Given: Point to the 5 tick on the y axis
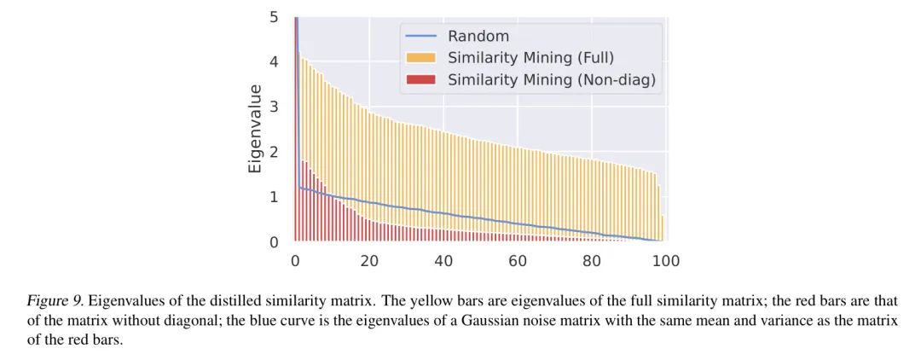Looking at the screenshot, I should (273, 17).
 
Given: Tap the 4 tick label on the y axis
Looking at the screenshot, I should (273, 62).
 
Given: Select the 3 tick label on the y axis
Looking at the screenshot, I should (273, 107).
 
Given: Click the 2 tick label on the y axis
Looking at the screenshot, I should (273, 153).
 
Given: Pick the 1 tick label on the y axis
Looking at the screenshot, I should (273, 197).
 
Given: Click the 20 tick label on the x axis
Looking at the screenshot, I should (369, 261).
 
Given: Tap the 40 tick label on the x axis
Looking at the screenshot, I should (443, 261).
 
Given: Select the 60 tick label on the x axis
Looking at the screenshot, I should (518, 261).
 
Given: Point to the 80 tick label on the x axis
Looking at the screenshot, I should (592, 261).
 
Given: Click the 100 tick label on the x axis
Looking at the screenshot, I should (666, 261).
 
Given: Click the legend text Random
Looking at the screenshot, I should (478, 37).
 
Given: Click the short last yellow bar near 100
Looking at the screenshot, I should (663, 229).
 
